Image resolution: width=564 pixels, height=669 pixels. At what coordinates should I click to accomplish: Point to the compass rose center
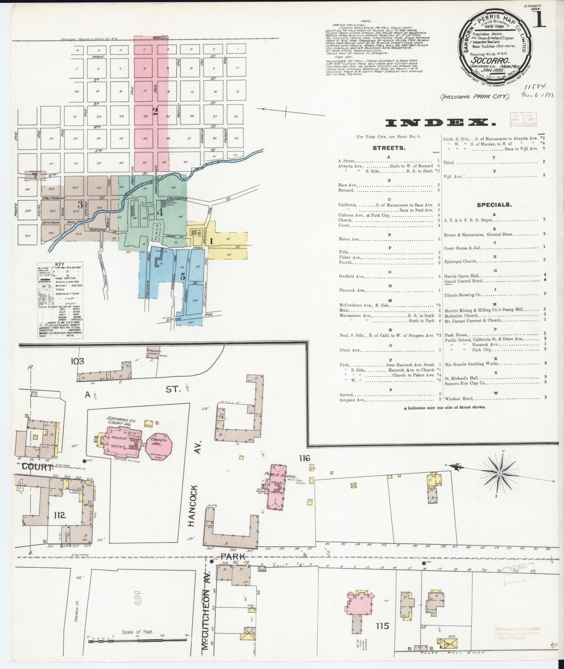pyautogui.click(x=500, y=473)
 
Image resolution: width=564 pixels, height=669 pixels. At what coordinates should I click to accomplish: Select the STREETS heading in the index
pyautogui.click(x=389, y=148)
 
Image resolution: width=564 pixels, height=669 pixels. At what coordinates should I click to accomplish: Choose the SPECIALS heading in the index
pyautogui.click(x=494, y=205)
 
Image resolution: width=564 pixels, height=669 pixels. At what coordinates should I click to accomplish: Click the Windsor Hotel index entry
pyautogui.click(x=459, y=399)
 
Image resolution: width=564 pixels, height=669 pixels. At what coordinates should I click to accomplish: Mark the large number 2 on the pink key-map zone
pyautogui.click(x=155, y=111)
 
